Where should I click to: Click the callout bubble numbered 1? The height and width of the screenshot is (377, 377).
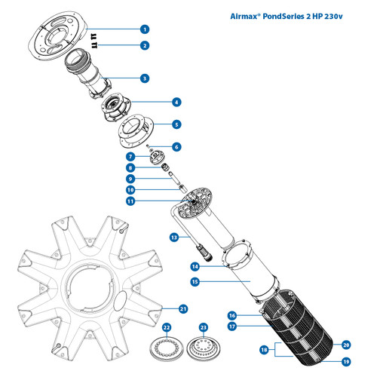(x=144, y=29)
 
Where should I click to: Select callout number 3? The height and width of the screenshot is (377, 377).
(x=144, y=77)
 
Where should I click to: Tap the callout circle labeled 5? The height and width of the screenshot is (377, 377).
(x=176, y=124)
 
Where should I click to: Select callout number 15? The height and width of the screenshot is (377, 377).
(x=195, y=281)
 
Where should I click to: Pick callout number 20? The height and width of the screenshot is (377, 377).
(x=347, y=344)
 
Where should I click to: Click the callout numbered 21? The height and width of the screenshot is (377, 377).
(x=182, y=308)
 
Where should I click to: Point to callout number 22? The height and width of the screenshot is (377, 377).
(x=167, y=328)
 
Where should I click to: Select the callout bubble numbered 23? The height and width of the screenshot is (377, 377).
(x=202, y=328)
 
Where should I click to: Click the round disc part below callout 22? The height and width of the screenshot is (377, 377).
(x=167, y=347)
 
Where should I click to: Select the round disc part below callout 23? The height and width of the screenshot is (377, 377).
(x=202, y=347)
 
